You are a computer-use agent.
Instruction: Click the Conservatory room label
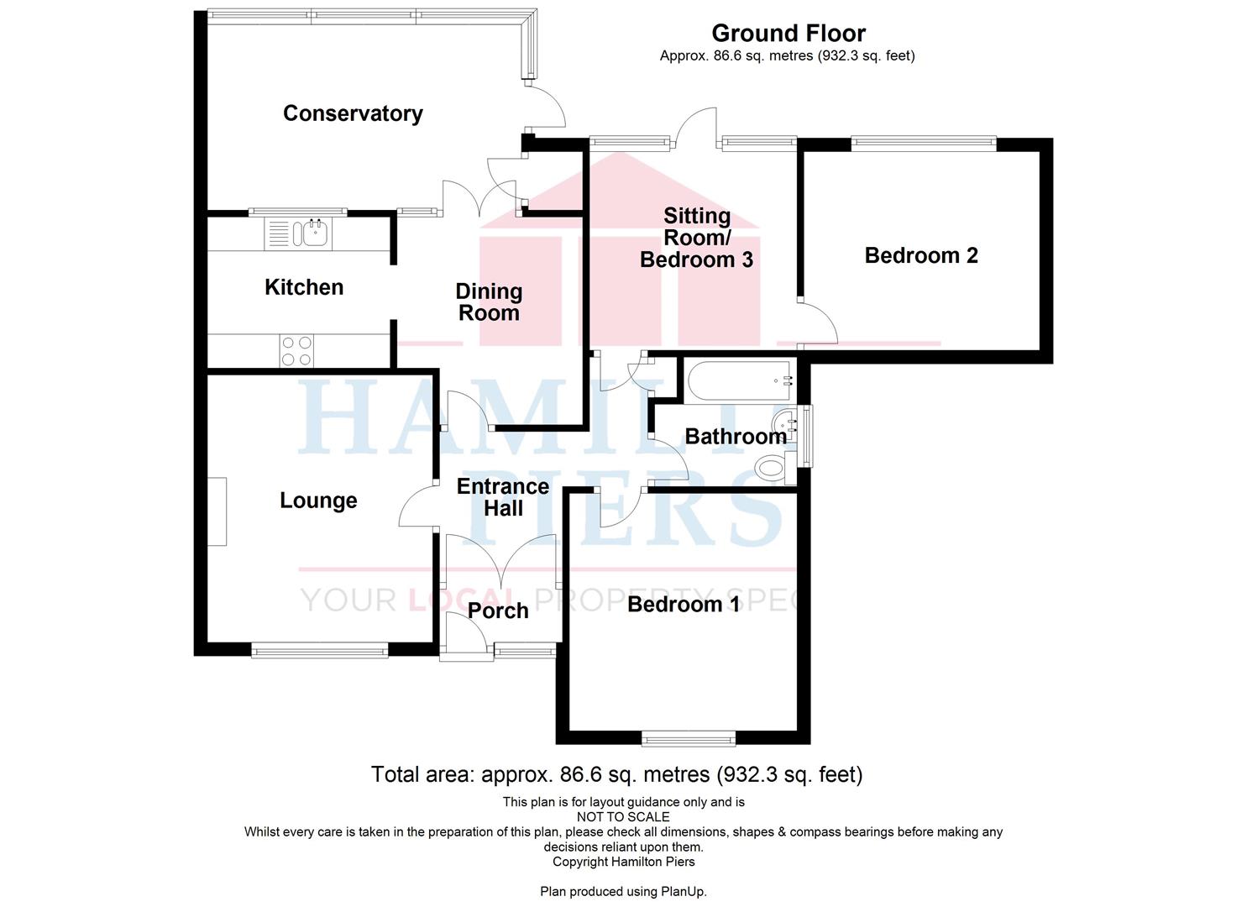[353, 113]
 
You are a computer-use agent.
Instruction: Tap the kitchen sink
[298, 233]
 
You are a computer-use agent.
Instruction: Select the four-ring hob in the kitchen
[296, 351]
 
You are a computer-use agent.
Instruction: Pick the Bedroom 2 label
[921, 255]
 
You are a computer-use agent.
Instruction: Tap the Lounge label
[318, 501]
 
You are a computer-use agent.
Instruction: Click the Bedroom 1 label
[684, 604]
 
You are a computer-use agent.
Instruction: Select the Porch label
[498, 611]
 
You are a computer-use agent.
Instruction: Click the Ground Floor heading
[789, 34]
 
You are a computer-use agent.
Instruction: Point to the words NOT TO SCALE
[623, 817]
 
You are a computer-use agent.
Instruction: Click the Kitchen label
[304, 287]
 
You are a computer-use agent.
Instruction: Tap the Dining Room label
[489, 301]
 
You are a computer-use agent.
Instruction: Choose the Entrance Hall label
[503, 497]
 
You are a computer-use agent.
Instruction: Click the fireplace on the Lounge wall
[217, 511]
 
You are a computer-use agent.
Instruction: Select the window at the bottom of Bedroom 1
[689, 738]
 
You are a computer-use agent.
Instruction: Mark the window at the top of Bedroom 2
[924, 144]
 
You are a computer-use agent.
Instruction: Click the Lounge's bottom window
[320, 650]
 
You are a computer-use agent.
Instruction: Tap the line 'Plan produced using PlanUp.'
[623, 891]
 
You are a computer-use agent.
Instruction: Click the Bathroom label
[736, 437]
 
